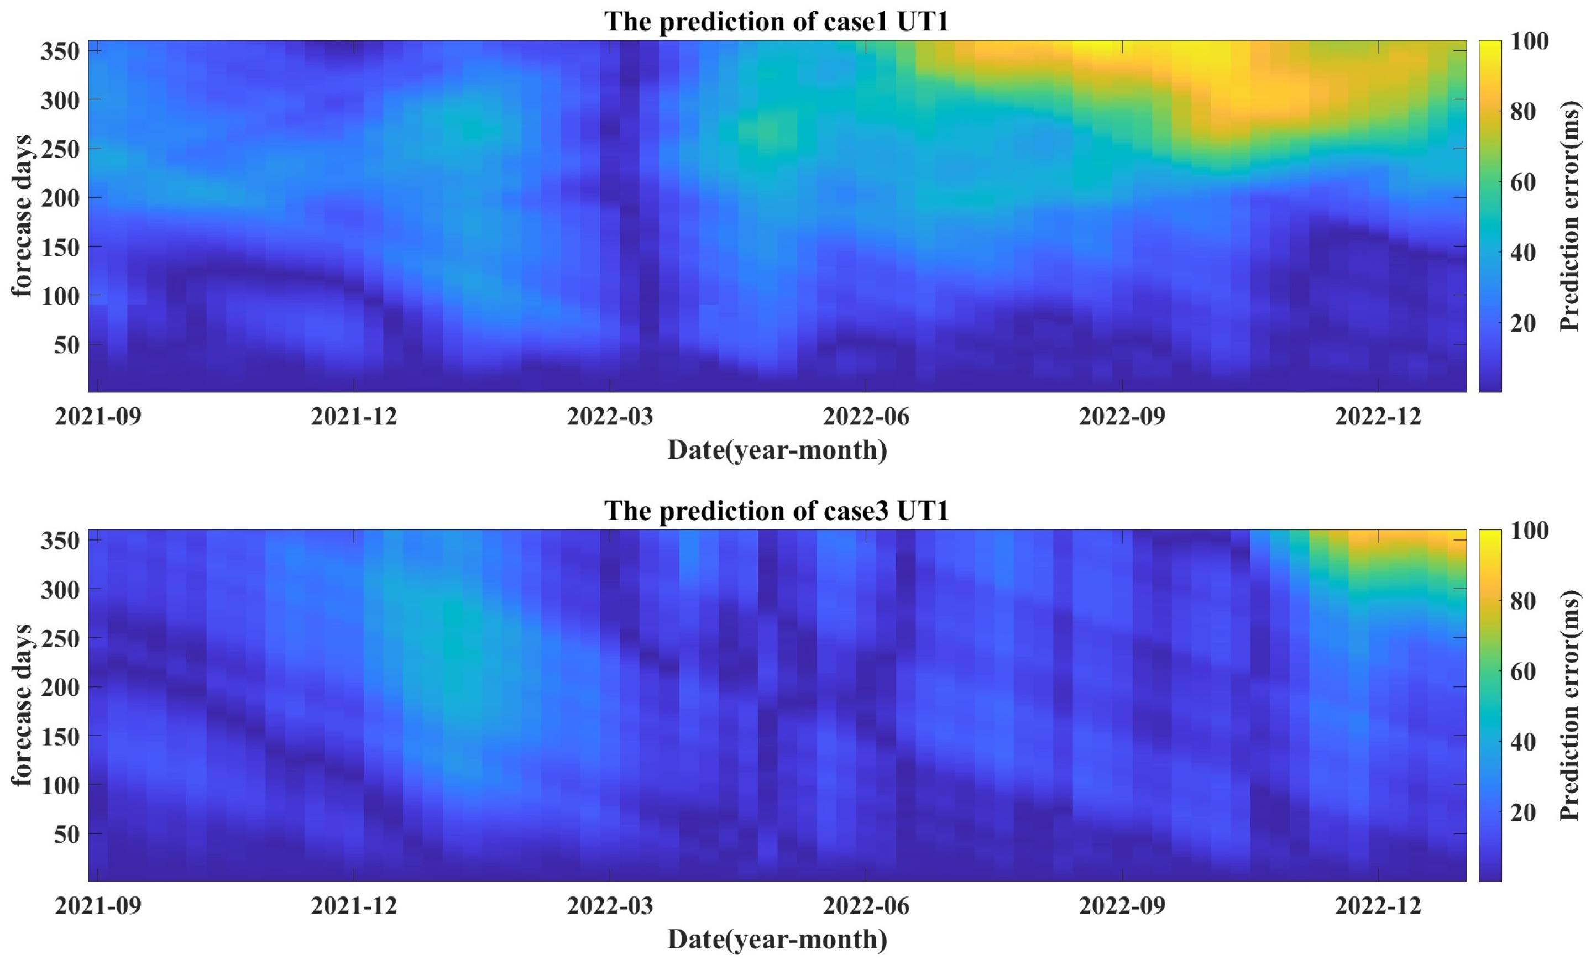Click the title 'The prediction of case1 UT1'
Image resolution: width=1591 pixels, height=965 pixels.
(777, 22)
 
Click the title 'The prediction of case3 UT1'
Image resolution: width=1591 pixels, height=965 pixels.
(777, 511)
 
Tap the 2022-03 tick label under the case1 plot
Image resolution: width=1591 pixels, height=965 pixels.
(610, 417)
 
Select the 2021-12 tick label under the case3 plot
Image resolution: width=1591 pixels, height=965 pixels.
(354, 906)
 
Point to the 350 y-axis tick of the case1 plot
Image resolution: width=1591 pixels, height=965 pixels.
(60, 50)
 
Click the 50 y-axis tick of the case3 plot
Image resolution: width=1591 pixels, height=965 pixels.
(66, 834)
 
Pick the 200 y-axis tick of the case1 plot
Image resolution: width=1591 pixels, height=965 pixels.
(60, 197)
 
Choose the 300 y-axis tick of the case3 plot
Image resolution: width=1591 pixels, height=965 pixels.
(60, 589)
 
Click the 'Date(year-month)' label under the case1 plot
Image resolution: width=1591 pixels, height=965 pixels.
(777, 450)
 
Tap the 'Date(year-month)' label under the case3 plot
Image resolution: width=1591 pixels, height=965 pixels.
(777, 939)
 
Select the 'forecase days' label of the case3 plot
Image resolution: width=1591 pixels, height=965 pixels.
(22, 705)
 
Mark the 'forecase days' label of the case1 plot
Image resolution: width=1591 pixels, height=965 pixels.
(22, 216)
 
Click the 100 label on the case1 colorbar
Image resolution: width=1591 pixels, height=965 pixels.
(1529, 41)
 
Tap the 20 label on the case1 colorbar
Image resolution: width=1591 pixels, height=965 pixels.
(1522, 323)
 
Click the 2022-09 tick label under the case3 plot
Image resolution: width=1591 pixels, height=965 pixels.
(1122, 906)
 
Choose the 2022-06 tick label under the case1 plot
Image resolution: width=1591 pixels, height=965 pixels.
(866, 417)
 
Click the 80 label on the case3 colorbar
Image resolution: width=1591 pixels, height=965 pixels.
(1522, 601)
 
